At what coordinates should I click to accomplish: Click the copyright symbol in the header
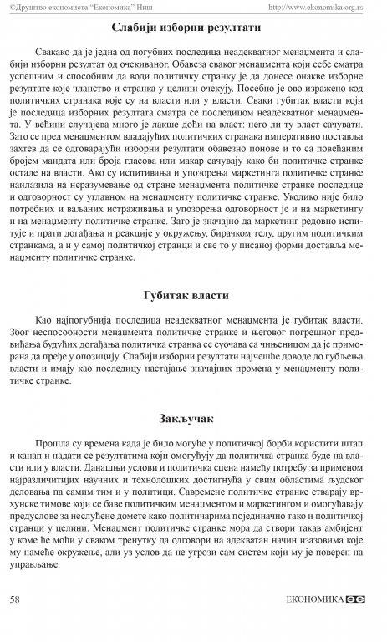(x=8, y=7)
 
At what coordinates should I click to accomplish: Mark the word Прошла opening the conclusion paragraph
(x=55, y=442)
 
